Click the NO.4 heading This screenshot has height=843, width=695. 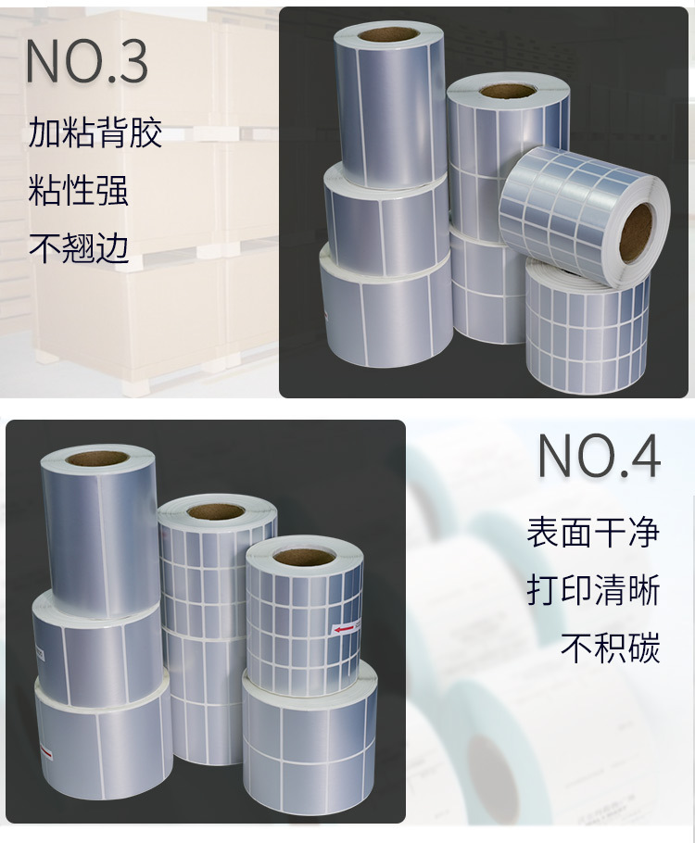599,456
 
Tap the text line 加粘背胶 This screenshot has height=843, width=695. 95,133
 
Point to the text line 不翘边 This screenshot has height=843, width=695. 78,247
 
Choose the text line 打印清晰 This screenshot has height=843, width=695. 593,590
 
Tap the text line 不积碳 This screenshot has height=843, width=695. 610,648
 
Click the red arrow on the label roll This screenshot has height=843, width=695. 345,629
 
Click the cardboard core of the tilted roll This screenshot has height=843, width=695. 636,231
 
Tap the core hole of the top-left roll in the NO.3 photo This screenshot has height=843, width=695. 387,34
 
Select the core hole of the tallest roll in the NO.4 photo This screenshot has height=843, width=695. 96,458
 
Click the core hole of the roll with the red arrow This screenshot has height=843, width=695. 304,558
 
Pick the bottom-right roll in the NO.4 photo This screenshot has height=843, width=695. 309,741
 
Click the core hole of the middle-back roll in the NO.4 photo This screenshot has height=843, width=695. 215,510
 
